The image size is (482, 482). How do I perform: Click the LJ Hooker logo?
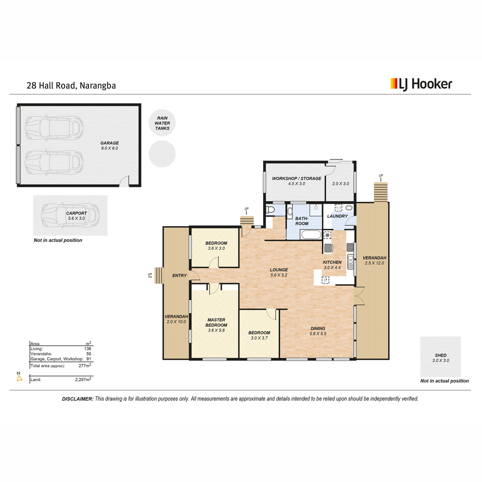tap(421, 84)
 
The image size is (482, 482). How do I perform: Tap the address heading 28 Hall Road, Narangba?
tap(71, 86)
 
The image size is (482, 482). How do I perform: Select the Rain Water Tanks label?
tap(162, 123)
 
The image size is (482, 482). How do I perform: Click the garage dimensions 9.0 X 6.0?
tap(109, 148)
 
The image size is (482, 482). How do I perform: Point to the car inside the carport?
tap(70, 215)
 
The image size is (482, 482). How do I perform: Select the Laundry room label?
tap(337, 216)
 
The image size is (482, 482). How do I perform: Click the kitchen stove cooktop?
tap(350, 247)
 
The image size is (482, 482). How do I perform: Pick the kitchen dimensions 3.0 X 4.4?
tap(332, 268)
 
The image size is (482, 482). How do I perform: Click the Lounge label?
tap(279, 270)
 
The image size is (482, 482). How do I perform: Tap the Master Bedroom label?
tap(216, 323)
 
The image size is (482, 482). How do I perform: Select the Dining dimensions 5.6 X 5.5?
tap(318, 333)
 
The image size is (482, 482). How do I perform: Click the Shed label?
tap(441, 355)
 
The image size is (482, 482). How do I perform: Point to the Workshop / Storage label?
tap(296, 178)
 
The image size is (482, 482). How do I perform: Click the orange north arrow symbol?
tap(20, 378)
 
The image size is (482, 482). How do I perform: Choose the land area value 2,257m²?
tap(83, 379)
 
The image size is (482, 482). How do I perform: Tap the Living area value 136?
tap(88, 348)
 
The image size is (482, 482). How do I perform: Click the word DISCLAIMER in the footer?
tap(78, 399)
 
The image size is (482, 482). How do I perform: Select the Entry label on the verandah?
tap(179, 276)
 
